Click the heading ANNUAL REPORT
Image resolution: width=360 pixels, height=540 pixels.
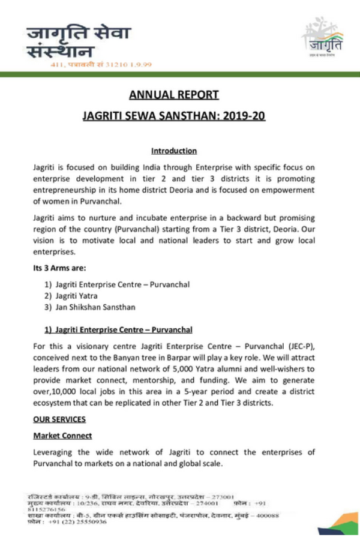(173, 94)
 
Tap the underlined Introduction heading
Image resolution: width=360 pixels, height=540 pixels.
(173, 151)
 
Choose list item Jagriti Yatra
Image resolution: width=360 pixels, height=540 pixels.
(76, 295)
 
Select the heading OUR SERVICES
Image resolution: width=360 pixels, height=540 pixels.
(59, 419)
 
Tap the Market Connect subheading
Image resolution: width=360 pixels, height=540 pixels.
(62, 435)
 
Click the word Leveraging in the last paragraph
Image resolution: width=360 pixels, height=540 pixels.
(55, 452)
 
